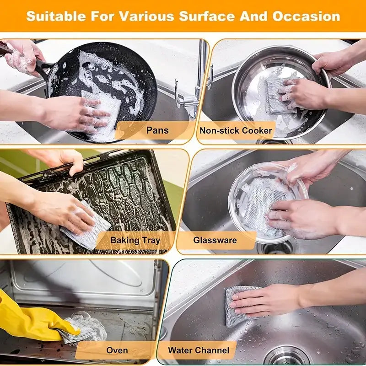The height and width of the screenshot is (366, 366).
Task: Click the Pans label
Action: pyautogui.click(x=157, y=130)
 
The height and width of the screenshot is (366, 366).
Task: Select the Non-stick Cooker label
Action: pyautogui.click(x=236, y=130)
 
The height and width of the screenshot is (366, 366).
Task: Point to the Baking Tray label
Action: pyautogui.click(x=135, y=240)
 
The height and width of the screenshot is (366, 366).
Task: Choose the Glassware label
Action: pyautogui.click(x=215, y=240)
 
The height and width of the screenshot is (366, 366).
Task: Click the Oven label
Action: pyautogui.click(x=117, y=350)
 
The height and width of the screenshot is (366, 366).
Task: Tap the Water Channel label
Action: pyautogui.click(x=199, y=350)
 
